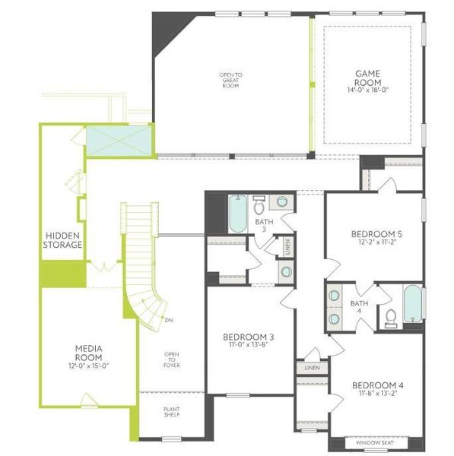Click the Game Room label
[367, 78]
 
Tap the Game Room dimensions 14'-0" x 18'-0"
[367, 89]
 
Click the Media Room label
[89, 353]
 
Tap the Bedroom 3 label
[248, 337]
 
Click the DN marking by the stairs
[168, 319]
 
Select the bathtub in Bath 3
[236, 215]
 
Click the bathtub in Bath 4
[411, 304]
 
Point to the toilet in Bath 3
[259, 205]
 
